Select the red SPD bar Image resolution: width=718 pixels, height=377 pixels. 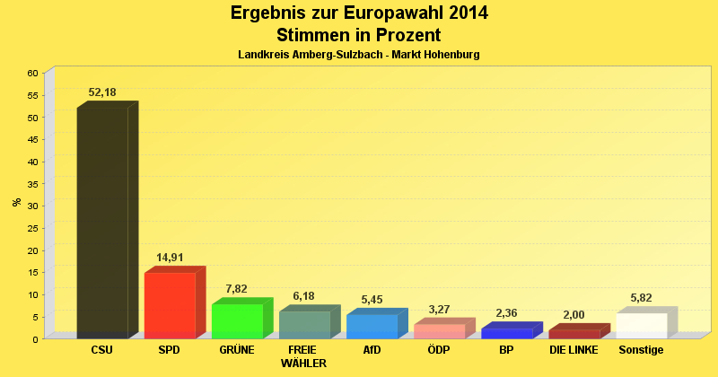coord(170,304)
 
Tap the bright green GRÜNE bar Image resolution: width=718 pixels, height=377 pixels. coord(237,320)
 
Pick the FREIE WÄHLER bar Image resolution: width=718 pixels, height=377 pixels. coord(304,324)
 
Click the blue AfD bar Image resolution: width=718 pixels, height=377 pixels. coord(372,326)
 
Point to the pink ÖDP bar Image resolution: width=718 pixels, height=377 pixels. coord(439,331)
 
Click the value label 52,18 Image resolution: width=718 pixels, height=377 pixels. coord(102,92)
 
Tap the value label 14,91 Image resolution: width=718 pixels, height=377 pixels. coord(170,258)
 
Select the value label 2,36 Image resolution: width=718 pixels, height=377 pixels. coord(506,313)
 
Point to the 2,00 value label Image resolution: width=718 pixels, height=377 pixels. coord(574,315)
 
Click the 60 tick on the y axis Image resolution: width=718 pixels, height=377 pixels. coord(32,73)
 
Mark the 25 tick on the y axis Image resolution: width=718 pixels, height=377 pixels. coord(32,228)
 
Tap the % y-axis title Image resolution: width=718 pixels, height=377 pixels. coord(17,202)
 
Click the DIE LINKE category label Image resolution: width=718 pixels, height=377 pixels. coord(574,349)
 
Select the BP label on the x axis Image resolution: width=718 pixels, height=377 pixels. coord(506,349)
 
